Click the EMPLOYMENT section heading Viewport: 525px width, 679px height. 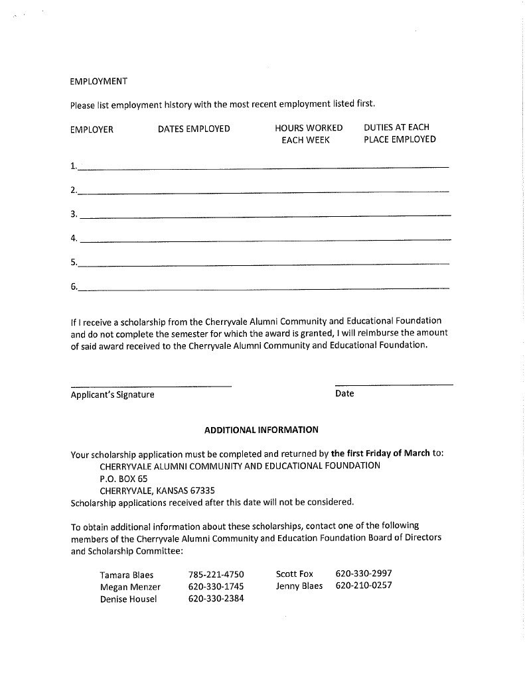tap(98, 82)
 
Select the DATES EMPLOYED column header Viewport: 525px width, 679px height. tap(194, 129)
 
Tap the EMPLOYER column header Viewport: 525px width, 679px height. tap(92, 129)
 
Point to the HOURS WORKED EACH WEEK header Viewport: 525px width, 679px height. tap(309, 134)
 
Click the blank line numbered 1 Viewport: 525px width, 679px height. tap(263, 167)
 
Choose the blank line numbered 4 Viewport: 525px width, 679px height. tap(264, 239)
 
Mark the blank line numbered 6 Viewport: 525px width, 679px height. tap(263, 288)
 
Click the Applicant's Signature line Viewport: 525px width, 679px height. tap(151, 386)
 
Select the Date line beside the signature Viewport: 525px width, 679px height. tap(394, 385)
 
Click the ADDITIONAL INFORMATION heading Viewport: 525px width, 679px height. tap(262, 430)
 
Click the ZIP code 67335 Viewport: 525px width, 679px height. tap(201, 491)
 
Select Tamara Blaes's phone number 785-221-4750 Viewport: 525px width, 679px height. tap(216, 574)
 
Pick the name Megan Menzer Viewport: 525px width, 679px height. tap(130, 587)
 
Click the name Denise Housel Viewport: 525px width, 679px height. tap(129, 599)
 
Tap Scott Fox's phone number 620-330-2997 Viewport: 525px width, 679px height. tap(364, 574)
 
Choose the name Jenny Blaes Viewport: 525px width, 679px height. tap(299, 586)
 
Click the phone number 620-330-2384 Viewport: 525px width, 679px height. tap(216, 599)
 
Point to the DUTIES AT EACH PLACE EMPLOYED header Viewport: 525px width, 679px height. tap(400, 133)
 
